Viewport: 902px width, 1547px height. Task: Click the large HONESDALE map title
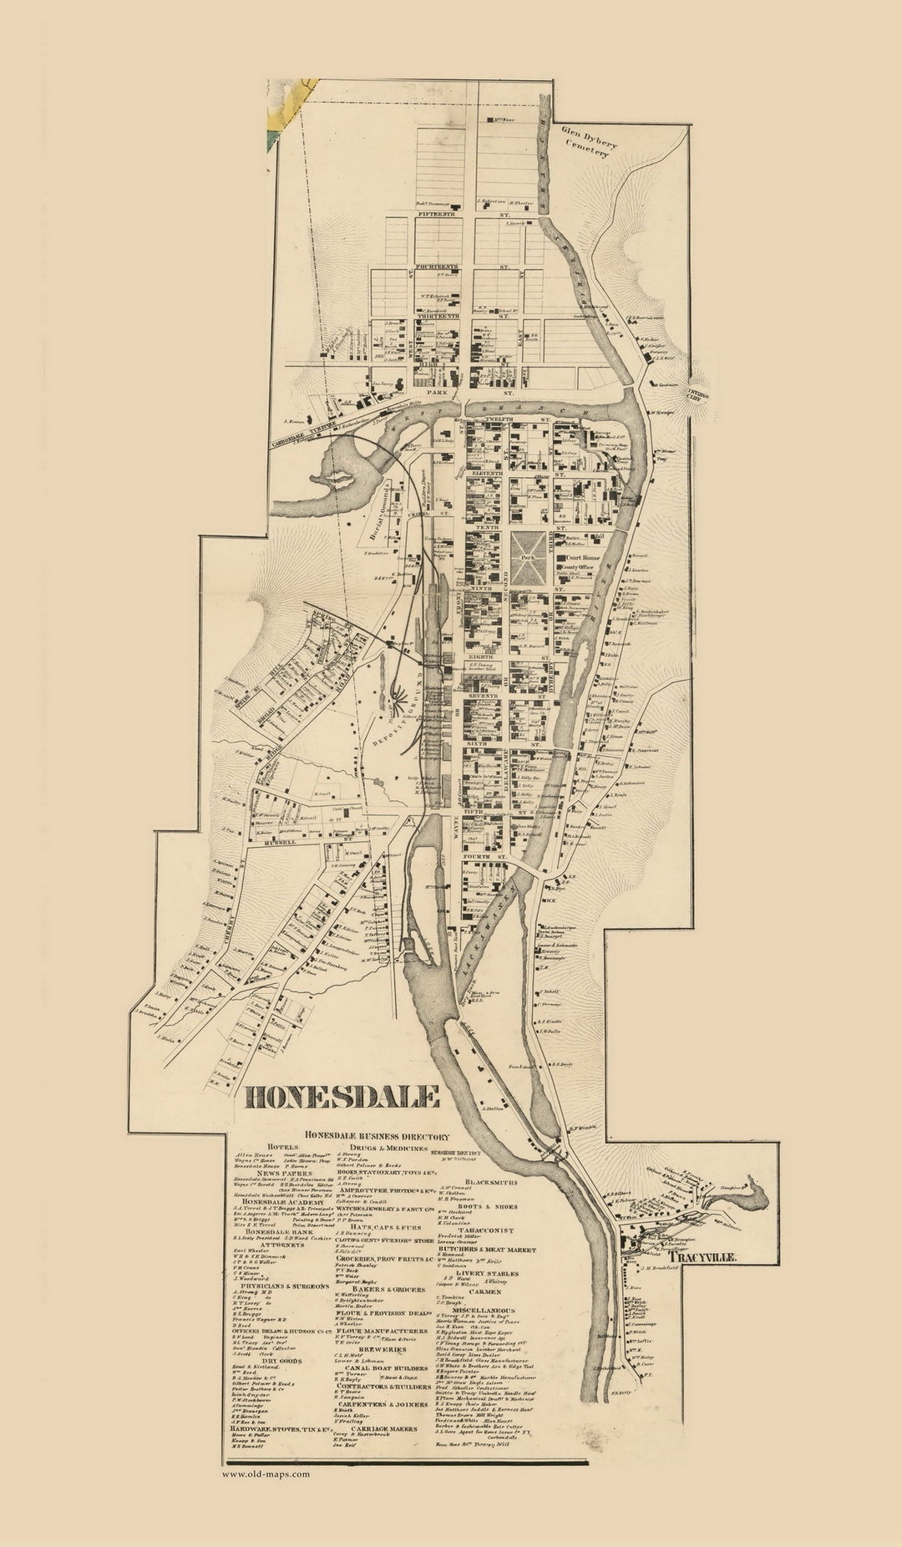click(x=341, y=1097)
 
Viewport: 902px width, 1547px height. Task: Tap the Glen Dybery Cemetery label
click(x=590, y=137)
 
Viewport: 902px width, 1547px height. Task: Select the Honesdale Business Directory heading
click(x=378, y=1136)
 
